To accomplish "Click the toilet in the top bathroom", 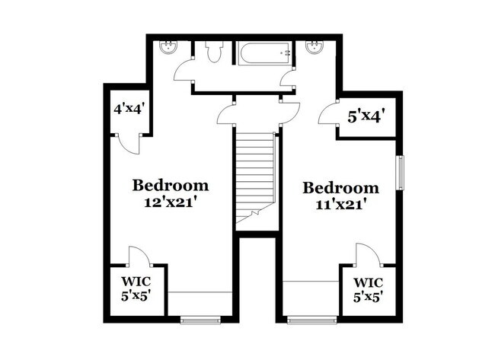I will pyautogui.click(x=212, y=53).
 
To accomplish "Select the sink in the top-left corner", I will pyautogui.click(x=167, y=47).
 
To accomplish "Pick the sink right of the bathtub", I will pyautogui.click(x=314, y=47).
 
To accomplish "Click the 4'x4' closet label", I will pyautogui.click(x=129, y=108).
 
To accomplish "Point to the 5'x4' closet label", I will pyautogui.click(x=365, y=116).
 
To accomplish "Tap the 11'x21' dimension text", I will pyautogui.click(x=340, y=204).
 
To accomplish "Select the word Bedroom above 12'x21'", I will pyautogui.click(x=171, y=185).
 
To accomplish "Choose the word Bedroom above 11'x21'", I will pyautogui.click(x=340, y=188).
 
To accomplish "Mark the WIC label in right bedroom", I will pyautogui.click(x=368, y=282).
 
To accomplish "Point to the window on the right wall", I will pyautogui.click(x=399, y=172).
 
